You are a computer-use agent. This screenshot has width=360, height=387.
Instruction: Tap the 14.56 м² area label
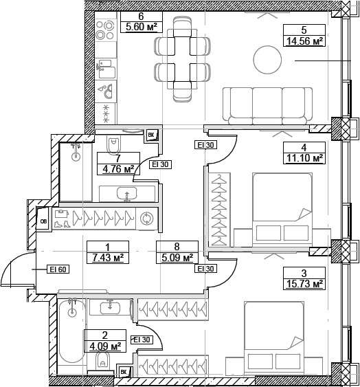(303, 41)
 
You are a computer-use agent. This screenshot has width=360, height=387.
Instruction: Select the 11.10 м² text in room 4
(303, 158)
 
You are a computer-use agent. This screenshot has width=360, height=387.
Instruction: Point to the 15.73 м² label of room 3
(303, 283)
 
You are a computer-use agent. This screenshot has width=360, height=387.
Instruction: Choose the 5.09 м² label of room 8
(177, 258)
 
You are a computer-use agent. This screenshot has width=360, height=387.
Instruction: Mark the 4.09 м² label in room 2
(104, 346)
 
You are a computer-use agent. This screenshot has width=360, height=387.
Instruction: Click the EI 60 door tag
(56, 269)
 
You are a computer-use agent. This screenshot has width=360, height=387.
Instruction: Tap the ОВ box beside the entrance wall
(43, 221)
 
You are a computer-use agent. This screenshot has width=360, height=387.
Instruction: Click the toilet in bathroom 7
(115, 142)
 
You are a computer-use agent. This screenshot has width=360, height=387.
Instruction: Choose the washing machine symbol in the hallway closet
(146, 219)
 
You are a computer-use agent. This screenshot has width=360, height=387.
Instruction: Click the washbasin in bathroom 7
(126, 192)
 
